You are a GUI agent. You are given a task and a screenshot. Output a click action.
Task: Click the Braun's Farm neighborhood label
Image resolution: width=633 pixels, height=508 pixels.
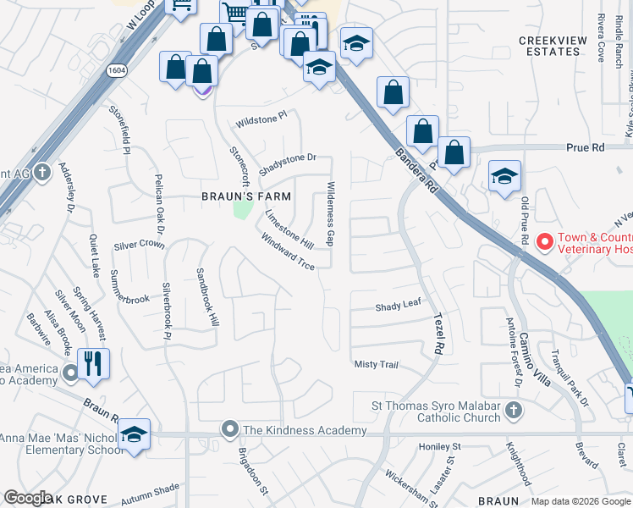point(245,196)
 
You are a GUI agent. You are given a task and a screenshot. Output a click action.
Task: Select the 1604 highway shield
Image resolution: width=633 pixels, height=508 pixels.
point(118,71)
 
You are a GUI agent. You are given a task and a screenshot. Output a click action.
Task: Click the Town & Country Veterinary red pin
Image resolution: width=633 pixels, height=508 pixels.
point(545,242)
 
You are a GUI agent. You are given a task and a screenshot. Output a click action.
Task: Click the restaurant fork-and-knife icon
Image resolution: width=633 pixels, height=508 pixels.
point(94,365)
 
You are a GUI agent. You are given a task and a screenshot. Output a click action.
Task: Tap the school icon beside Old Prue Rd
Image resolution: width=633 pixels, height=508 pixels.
point(504,176)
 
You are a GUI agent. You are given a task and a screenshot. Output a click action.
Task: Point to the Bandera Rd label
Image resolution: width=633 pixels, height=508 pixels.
point(414,168)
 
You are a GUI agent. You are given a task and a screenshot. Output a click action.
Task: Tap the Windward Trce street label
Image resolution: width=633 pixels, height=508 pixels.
point(289,251)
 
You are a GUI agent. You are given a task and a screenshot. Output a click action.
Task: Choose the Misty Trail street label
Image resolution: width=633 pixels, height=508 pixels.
point(376,364)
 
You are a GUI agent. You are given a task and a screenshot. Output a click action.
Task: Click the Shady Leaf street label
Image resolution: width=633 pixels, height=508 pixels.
point(398,304)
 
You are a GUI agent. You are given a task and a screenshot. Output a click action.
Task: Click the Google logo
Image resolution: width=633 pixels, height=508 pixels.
point(28,498)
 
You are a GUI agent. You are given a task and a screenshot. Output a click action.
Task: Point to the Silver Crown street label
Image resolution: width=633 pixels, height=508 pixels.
point(139,245)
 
